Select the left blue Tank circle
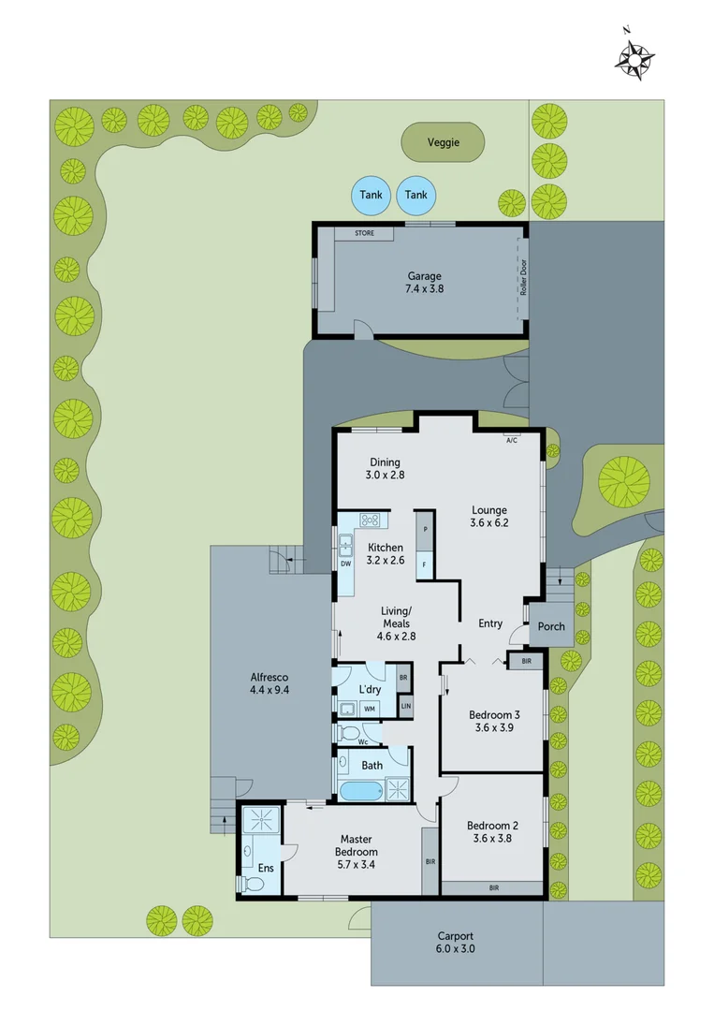(x=371, y=195)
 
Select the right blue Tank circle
(x=416, y=195)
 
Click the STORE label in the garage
(x=364, y=233)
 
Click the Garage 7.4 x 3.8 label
(x=424, y=282)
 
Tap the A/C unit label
(x=512, y=437)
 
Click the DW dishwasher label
(x=345, y=564)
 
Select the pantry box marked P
(x=425, y=530)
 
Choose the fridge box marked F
(x=425, y=564)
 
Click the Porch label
(x=551, y=626)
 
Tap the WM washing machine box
(x=370, y=709)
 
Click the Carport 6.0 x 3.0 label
(x=456, y=942)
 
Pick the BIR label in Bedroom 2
(x=492, y=887)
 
